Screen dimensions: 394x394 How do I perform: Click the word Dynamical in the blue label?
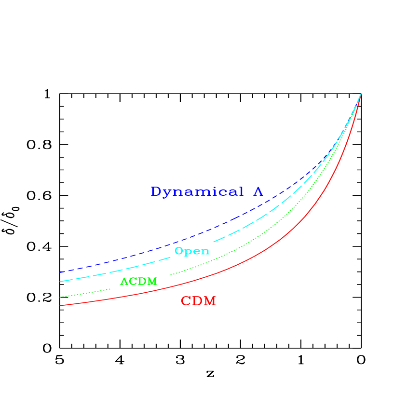point(197,192)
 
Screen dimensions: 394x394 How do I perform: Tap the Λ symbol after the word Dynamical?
point(258,191)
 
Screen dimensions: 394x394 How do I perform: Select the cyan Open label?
point(192,251)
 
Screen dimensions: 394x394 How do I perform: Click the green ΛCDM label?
point(138,282)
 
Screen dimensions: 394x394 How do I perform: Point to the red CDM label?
point(198,301)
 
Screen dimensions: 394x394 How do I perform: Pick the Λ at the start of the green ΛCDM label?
point(123,282)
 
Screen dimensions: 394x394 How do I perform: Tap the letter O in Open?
point(179,251)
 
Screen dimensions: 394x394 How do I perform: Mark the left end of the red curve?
point(60,305)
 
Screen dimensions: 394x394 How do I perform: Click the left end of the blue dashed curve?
point(60,272)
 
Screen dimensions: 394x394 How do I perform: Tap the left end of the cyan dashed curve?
point(61,281)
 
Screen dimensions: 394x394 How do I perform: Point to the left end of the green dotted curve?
point(60,297)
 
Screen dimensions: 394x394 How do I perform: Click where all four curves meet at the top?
point(360,94)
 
